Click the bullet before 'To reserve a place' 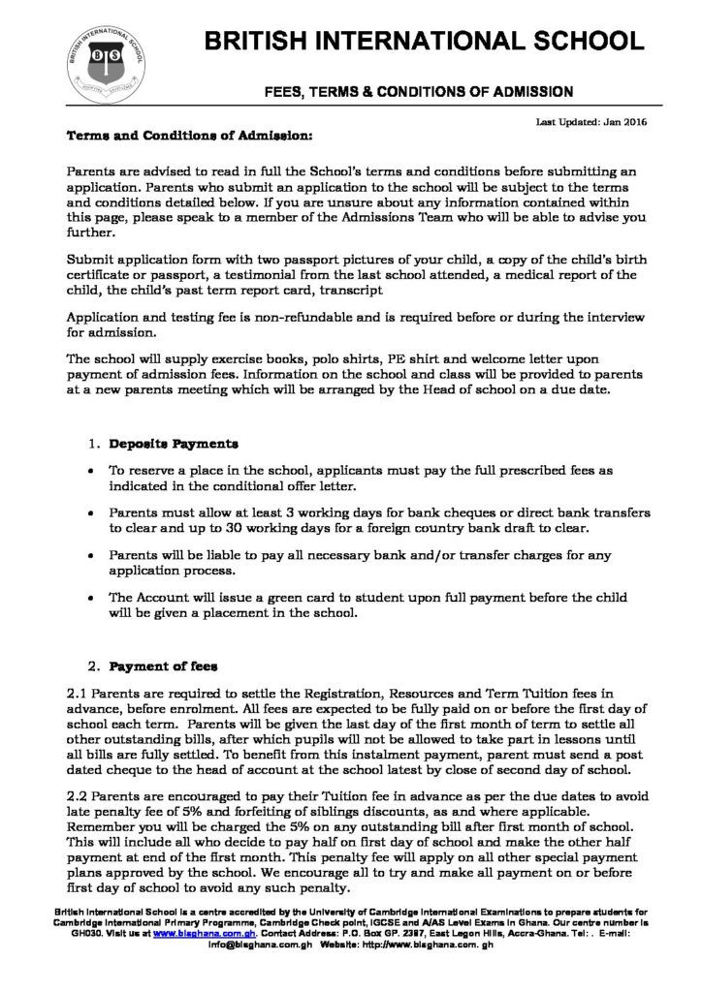[90, 470]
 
